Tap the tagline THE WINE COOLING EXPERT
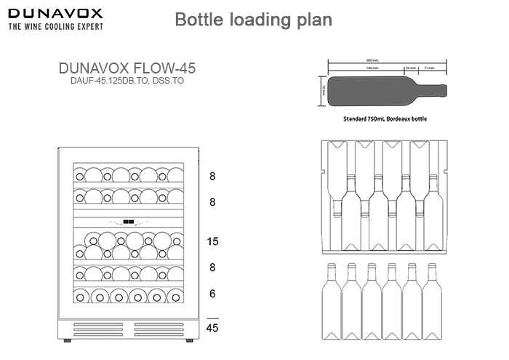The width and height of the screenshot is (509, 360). (x=55, y=27)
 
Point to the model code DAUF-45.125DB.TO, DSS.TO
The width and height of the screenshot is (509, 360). (x=126, y=81)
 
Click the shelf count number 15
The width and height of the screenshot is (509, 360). (x=212, y=241)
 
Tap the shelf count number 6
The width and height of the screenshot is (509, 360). (x=212, y=293)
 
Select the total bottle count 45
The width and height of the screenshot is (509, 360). (x=212, y=328)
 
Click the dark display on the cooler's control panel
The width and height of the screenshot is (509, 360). (x=128, y=223)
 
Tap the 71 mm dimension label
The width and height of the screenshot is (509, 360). (x=429, y=68)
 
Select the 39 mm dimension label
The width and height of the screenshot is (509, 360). (x=411, y=68)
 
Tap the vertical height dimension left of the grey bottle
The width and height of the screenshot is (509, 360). (x=322, y=90)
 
